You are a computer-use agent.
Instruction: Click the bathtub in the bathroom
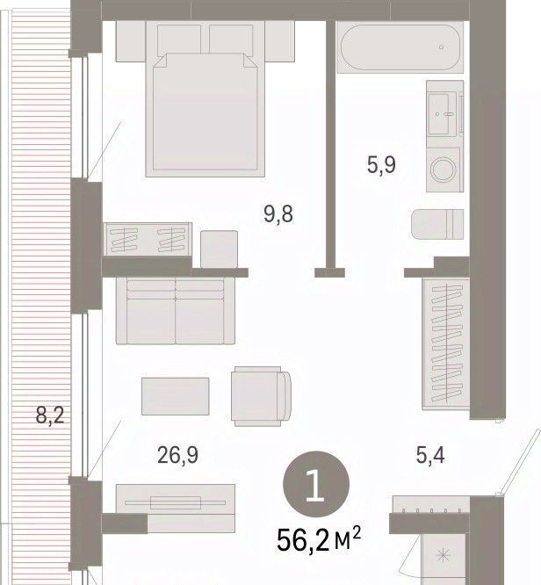400,47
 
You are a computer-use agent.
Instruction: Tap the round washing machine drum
444,170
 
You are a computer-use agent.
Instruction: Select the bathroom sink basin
442,114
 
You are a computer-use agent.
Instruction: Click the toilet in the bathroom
437,224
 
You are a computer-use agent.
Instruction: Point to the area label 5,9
381,165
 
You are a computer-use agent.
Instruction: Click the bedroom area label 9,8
278,214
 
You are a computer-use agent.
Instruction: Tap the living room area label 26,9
177,455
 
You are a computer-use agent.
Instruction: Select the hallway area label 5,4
430,455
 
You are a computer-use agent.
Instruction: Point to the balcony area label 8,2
50,415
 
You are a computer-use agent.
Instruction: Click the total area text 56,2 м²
319,539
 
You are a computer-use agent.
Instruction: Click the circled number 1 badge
316,484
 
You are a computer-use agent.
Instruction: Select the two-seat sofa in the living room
176,311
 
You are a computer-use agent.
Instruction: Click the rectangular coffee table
176,396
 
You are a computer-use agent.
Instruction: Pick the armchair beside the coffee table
261,396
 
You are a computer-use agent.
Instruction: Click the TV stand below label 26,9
176,509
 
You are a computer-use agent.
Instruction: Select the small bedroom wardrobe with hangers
148,240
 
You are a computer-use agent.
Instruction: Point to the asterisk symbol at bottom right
443,555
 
